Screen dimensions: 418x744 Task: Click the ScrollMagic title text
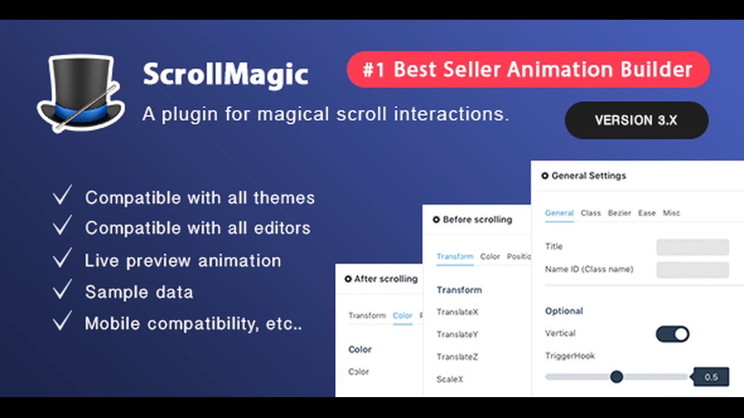tap(226, 74)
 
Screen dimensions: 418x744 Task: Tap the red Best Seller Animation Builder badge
tap(528, 70)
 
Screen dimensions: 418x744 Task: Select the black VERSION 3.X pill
tap(636, 120)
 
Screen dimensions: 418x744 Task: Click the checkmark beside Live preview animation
tap(62, 258)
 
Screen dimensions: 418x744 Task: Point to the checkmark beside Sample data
tap(62, 290)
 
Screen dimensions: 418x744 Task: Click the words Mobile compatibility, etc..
tap(193, 323)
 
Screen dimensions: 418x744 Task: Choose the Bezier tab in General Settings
tap(619, 213)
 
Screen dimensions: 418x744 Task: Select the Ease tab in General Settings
tap(646, 213)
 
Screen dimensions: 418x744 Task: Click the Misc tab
tap(671, 213)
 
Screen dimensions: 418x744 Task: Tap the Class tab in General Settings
tap(591, 213)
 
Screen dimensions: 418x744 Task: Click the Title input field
tap(692, 247)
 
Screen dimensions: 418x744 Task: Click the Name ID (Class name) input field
tap(692, 269)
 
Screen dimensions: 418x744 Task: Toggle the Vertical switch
tap(673, 334)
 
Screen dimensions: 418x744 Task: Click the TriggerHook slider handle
tap(617, 377)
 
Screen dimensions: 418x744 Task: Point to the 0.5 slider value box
tap(711, 377)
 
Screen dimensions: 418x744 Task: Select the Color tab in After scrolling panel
tap(402, 316)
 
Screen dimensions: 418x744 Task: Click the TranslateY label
tap(457, 334)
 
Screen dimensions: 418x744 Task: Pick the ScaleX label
tap(450, 379)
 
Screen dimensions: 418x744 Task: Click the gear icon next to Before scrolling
tap(437, 220)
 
